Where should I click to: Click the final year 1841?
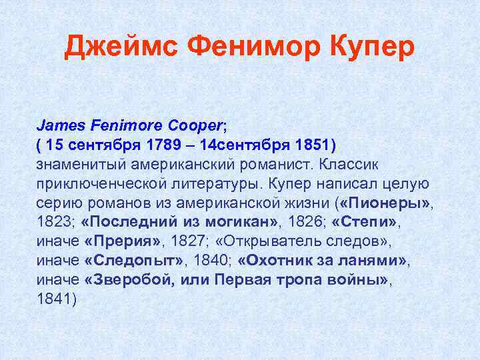pyautogui.click(x=57, y=299)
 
